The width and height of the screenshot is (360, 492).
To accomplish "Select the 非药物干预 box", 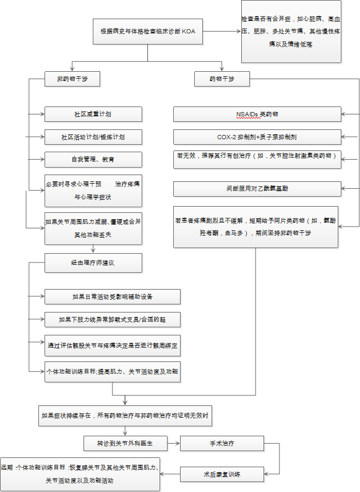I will coord(72,79).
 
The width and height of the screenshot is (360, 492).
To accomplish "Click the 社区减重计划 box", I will coord(93,114).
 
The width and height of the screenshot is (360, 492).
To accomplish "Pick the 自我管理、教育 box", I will coord(93,159).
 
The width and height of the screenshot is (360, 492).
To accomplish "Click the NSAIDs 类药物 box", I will coord(257,114).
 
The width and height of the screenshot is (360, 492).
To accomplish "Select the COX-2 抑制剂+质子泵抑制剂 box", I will coord(257,136).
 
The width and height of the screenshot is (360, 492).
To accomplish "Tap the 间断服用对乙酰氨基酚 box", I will coord(257,189).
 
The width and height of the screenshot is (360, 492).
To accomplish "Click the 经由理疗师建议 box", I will coord(93,262).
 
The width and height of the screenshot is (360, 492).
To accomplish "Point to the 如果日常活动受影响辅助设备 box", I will coord(112,296).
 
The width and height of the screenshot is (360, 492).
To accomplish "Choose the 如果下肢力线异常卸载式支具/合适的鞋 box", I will coord(112,319).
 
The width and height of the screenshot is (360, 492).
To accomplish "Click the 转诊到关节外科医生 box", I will coord(124,443).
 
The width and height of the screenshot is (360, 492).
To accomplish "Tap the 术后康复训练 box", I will coord(222,475).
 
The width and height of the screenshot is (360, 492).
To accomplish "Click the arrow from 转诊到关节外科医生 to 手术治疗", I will coord(173,443).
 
